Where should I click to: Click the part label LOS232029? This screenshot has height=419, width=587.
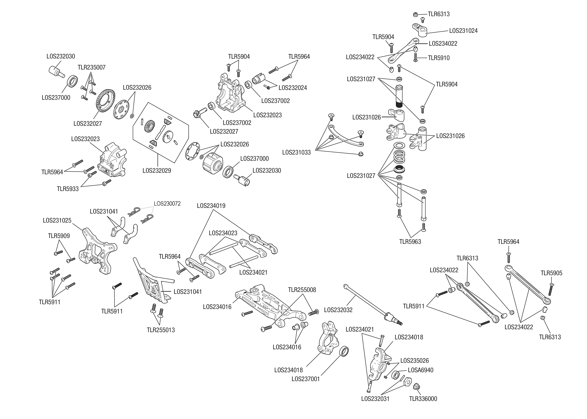coord(157,171)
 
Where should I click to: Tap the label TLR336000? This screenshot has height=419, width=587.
coord(423,399)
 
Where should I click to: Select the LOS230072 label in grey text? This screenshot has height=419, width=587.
coord(167,204)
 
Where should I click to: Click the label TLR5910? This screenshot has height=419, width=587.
coord(438,58)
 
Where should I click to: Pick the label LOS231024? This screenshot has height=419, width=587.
coord(463,31)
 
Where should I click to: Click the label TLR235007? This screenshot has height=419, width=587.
coord(91,68)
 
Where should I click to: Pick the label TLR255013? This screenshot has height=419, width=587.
coord(161,330)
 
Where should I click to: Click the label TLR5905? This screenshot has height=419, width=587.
coord(551,273)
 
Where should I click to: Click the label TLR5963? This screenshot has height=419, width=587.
coord(410,242)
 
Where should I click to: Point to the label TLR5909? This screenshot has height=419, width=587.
coord(59,236)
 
